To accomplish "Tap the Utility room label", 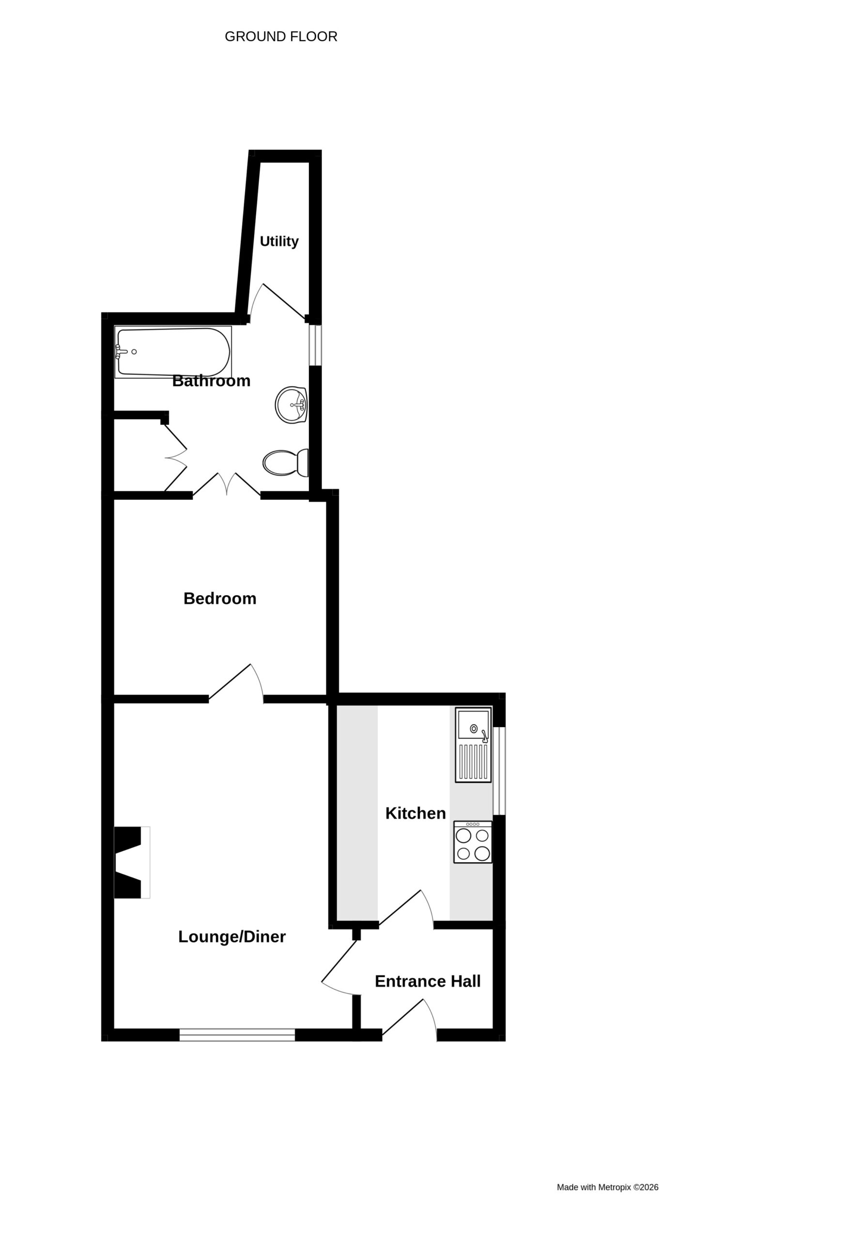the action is (279, 241).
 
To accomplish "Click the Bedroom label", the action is (220, 598).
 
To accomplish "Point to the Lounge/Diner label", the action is (232, 936).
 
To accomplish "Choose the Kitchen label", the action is (416, 813).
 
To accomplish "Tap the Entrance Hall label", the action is (428, 981).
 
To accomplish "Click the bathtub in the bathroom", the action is (173, 352).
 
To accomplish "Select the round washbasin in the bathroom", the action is (291, 405).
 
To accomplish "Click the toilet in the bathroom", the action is (286, 463).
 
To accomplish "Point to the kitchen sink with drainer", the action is (473, 745).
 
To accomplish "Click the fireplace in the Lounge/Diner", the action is (132, 862).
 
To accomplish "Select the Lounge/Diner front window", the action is (237, 1035).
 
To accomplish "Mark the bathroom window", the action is (315, 345).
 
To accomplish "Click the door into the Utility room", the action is (278, 303).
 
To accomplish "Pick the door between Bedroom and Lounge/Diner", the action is (236, 683).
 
